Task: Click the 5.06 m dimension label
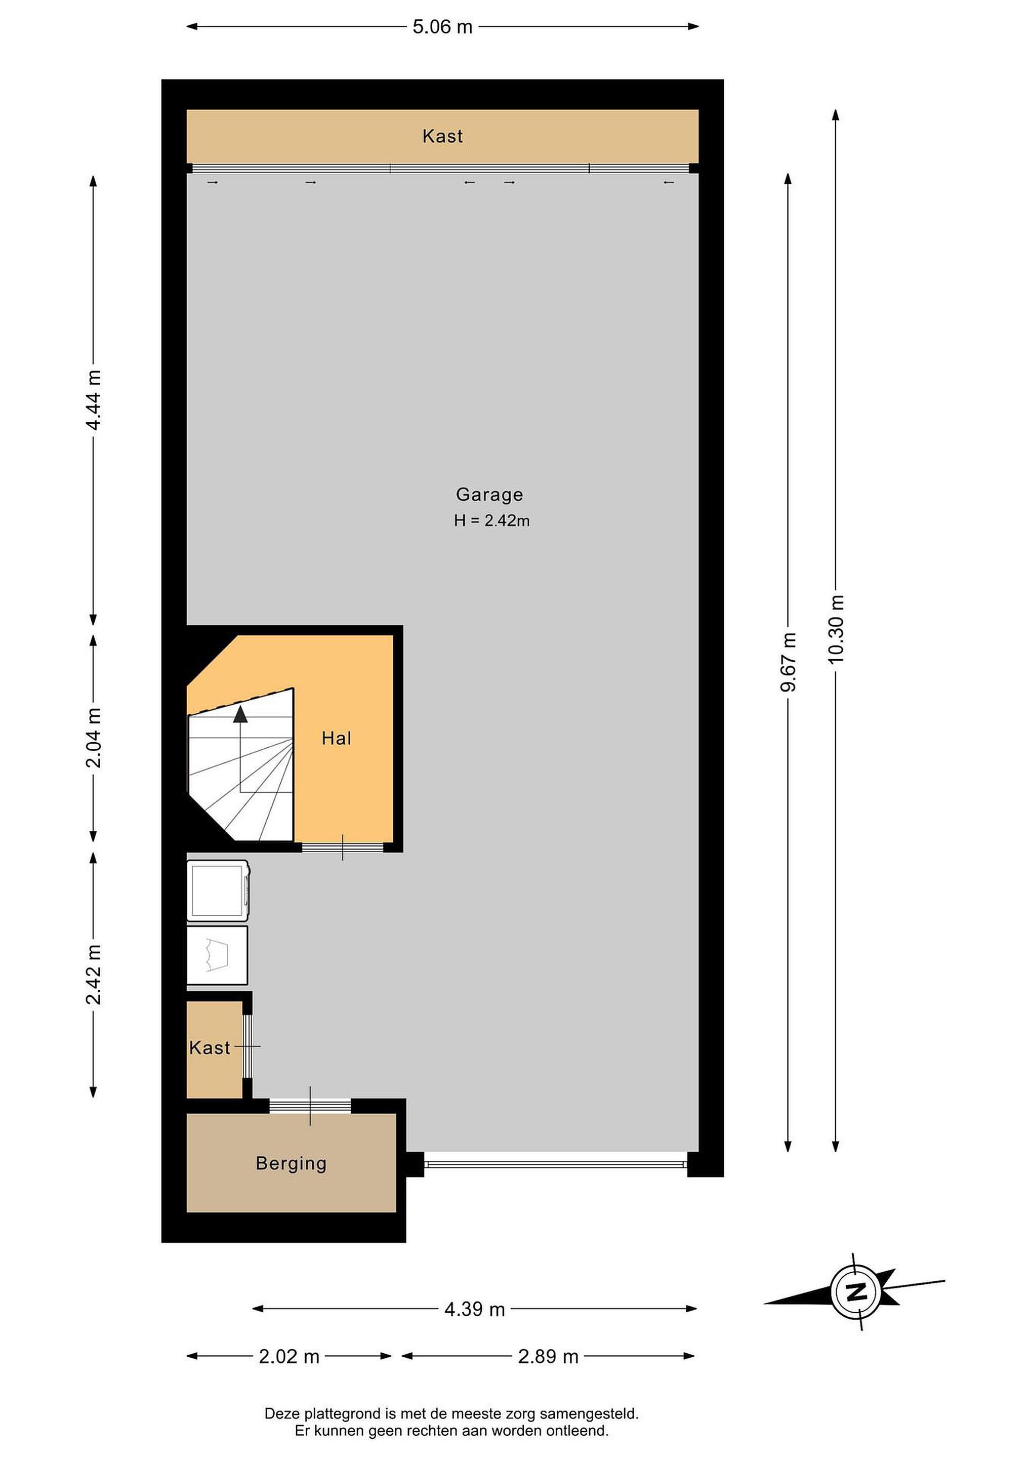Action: coord(442,27)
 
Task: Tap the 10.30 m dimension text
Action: coord(836,629)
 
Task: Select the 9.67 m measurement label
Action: coord(789,662)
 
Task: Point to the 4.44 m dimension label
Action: coord(93,400)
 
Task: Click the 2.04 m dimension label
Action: coord(93,737)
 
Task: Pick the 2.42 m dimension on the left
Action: coord(93,975)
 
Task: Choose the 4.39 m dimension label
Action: coord(474,1309)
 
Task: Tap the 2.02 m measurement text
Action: coord(289,1357)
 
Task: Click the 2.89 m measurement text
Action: coord(548,1357)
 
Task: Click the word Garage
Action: coord(489,495)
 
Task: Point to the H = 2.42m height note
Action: coord(491,521)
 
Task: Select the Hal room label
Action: coord(337,738)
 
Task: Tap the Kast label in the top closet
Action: coord(442,136)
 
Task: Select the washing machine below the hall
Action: coord(218,890)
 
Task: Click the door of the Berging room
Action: coord(310,1106)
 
